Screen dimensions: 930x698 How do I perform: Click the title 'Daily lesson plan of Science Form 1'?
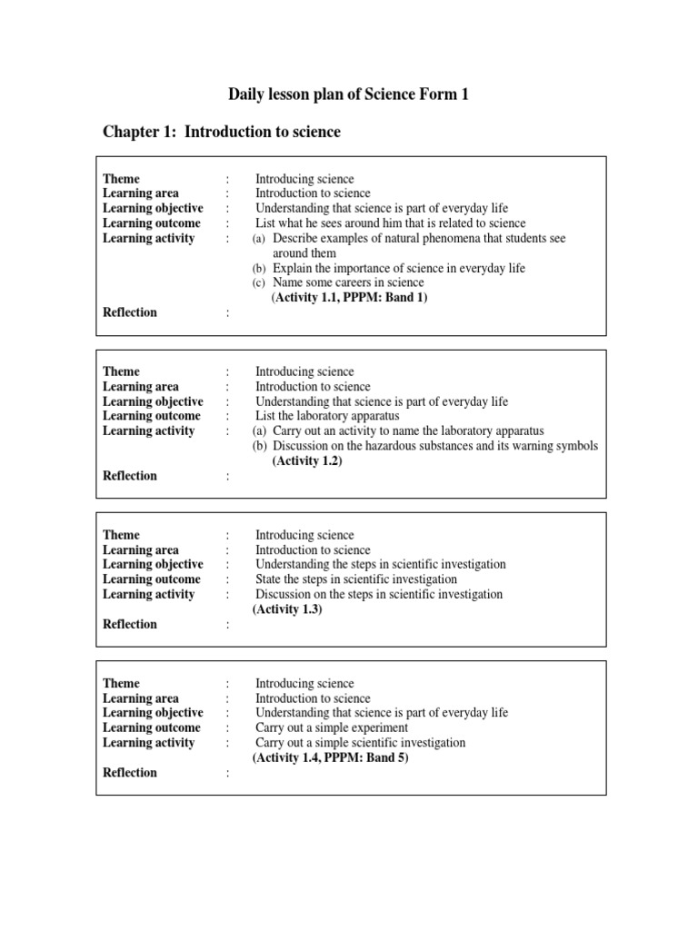point(348,94)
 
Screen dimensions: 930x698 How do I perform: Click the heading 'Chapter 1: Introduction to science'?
point(222,133)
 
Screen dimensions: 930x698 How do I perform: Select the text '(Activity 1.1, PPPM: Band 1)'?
point(349,297)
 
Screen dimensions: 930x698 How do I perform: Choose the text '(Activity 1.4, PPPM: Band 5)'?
point(330,757)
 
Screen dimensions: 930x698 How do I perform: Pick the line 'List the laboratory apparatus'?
point(326,416)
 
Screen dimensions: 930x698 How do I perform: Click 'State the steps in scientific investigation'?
point(355,579)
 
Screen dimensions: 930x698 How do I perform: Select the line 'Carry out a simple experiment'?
point(331,727)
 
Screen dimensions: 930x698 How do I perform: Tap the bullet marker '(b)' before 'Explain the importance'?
point(259,268)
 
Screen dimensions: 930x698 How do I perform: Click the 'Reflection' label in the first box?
point(130,312)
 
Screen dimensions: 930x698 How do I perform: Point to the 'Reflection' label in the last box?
point(130,773)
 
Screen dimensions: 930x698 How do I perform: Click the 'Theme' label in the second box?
point(121,371)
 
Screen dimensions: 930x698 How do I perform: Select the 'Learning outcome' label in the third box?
point(151,579)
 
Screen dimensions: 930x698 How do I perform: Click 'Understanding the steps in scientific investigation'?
point(380,565)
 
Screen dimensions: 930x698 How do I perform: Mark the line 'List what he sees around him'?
point(390,223)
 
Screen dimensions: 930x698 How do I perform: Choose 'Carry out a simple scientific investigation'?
point(360,743)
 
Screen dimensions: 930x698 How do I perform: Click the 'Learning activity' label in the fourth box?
point(148,743)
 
